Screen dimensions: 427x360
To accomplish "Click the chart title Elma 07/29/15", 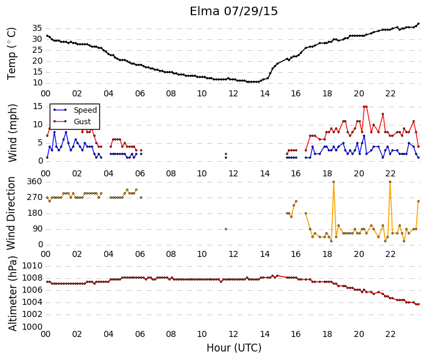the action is (x=234, y=12).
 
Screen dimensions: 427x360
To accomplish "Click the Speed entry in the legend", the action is (x=85, y=110).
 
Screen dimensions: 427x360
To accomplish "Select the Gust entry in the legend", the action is (x=82, y=122).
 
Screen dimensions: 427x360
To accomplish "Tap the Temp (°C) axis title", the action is (x=12, y=53).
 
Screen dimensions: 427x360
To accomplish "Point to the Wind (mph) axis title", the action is (x=13, y=133).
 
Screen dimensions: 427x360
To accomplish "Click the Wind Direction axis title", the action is (x=11, y=213).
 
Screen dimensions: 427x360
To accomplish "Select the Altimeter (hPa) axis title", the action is (x=13, y=294).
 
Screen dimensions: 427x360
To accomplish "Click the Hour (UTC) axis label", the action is (x=234, y=348).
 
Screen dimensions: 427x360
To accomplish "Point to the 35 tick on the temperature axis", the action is (x=37, y=28).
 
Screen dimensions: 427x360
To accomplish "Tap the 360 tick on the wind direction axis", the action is (x=35, y=181).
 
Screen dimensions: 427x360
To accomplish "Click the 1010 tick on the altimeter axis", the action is (x=32, y=265).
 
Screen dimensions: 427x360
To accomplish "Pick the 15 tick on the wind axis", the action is (x=38, y=106).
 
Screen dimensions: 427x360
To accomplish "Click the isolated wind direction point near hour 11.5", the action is (x=226, y=229).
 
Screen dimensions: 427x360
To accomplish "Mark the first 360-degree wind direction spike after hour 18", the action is (x=334, y=182).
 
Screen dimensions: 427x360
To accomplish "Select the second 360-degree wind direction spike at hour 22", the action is (x=390, y=182).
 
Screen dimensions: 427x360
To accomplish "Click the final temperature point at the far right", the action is (x=419, y=24).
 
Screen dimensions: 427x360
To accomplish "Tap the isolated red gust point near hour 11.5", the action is (x=226, y=154).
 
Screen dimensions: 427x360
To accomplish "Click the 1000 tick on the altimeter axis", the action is (x=32, y=327).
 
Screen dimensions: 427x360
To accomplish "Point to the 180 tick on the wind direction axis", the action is (x=35, y=213).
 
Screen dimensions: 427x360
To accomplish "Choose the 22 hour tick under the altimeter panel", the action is (x=390, y=334).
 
